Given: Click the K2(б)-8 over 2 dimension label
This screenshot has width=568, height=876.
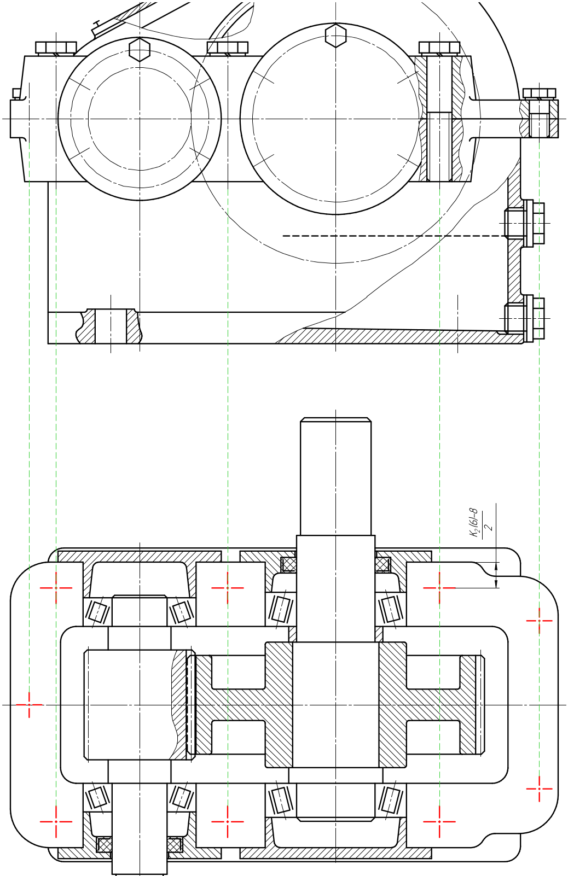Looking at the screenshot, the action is [x=481, y=523].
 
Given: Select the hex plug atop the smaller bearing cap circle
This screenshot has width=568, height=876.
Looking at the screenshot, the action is [x=140, y=49].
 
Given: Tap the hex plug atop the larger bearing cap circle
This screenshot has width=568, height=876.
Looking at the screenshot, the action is [x=336, y=35].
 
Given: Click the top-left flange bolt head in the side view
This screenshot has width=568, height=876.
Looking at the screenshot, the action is [x=56, y=48].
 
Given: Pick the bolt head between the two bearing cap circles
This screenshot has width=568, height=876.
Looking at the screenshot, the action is [x=228, y=48].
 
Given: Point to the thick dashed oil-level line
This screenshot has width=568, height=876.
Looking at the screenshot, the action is [x=394, y=236].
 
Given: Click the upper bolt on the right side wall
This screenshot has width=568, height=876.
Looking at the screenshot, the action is [x=525, y=223].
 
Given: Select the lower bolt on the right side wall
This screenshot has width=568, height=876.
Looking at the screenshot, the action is [x=525, y=318].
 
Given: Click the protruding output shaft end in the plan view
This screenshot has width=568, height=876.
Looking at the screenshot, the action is [x=336, y=476].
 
